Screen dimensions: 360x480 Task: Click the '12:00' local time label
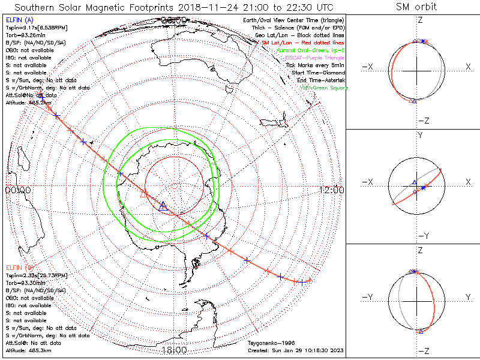point(331,190)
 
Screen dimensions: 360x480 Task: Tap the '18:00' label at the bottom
point(175,349)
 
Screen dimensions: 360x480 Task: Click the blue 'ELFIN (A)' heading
point(20,20)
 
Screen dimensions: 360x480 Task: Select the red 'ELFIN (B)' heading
point(20,267)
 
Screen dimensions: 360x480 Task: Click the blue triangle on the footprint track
point(163,206)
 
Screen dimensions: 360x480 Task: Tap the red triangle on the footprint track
point(143,193)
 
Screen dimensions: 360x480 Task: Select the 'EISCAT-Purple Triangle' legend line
point(314,58)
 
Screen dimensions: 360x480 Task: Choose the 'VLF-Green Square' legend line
point(323,88)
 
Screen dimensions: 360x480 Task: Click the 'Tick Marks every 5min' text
point(315,65)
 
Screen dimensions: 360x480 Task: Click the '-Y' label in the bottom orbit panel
point(367,297)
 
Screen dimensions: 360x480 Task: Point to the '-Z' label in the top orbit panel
point(422,121)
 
